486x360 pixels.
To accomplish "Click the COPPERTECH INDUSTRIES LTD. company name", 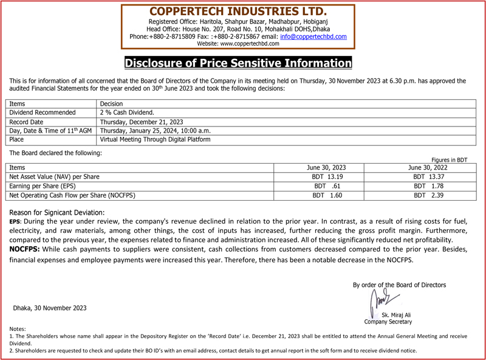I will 238,12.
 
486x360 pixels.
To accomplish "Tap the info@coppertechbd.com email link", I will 313,36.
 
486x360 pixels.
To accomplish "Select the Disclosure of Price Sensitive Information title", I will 238,63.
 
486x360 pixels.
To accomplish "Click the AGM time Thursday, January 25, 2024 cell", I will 155,131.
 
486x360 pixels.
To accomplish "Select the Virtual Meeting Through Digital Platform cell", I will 155,140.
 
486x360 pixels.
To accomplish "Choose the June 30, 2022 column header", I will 428,167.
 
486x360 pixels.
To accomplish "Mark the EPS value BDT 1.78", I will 428,186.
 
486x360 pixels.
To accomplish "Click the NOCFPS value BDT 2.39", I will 428,195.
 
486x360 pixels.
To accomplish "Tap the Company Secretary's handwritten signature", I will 382,300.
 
